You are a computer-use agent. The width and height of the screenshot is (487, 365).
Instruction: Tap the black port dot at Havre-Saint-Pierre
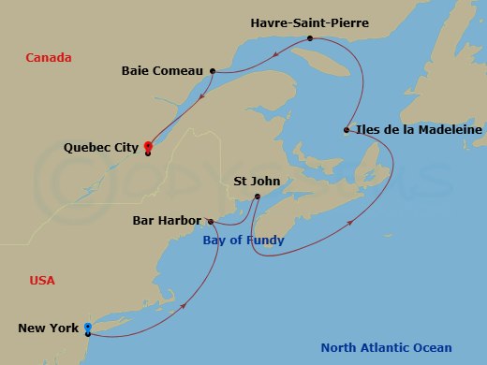point(310,38)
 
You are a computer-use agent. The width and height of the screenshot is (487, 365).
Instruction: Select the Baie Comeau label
point(163,70)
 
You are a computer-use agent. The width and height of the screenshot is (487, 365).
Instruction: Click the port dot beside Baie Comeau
point(214,71)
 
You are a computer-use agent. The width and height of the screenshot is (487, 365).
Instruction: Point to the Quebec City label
point(101,148)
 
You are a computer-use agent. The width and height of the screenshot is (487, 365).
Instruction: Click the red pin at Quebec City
point(147,146)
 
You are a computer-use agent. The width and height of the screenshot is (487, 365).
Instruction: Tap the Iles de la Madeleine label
point(420,130)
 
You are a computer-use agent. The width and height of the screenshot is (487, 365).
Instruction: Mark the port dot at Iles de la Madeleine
point(347,130)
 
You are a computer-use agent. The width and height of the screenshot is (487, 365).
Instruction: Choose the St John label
point(257,182)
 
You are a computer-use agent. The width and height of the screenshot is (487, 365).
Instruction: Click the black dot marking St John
point(258,196)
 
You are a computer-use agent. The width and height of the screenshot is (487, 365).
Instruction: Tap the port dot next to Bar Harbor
point(213,222)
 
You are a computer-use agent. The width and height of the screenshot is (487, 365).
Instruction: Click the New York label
point(49,328)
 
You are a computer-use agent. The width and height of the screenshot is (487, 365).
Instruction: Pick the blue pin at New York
point(87,328)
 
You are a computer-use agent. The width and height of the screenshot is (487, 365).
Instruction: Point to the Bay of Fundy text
point(243,241)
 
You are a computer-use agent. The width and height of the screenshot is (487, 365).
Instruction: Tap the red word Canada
point(49,58)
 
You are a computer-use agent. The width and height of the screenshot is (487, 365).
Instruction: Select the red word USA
point(42,281)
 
